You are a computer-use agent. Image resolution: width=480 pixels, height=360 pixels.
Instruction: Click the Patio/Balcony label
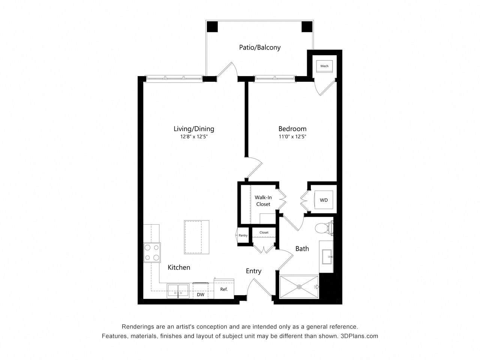point(259,47)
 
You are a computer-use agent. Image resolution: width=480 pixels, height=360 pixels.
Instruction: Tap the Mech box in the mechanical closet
point(324,66)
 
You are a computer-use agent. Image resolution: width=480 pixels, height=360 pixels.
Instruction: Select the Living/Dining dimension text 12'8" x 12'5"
point(194,136)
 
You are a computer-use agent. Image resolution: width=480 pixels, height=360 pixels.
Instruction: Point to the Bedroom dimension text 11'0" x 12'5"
point(292,136)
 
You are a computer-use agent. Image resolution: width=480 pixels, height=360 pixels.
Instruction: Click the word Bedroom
point(292,129)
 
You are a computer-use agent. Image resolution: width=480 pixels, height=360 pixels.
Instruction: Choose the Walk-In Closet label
point(263,201)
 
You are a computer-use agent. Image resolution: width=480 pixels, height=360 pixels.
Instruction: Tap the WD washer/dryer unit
point(324,200)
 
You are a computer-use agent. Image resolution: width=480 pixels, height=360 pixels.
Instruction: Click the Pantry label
point(243,235)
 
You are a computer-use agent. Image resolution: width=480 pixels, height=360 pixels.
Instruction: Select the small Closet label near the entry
point(264,232)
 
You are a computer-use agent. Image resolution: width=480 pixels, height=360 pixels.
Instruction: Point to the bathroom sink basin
point(327,256)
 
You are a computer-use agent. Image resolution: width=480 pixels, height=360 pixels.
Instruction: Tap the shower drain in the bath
point(299,287)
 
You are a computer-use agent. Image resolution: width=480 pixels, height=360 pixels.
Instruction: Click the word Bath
point(302,249)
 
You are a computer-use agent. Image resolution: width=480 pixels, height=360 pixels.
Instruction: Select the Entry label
point(253,271)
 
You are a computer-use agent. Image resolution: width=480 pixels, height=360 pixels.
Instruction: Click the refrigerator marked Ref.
point(224,289)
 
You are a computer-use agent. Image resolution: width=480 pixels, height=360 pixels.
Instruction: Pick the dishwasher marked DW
point(200,291)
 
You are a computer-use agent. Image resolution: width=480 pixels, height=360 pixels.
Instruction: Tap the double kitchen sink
point(178,291)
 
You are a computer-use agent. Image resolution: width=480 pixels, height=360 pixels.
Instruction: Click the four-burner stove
point(152,252)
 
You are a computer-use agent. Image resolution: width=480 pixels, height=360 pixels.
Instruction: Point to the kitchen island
point(196,237)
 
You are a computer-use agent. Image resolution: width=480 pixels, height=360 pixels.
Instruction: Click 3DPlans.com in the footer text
point(359,336)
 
